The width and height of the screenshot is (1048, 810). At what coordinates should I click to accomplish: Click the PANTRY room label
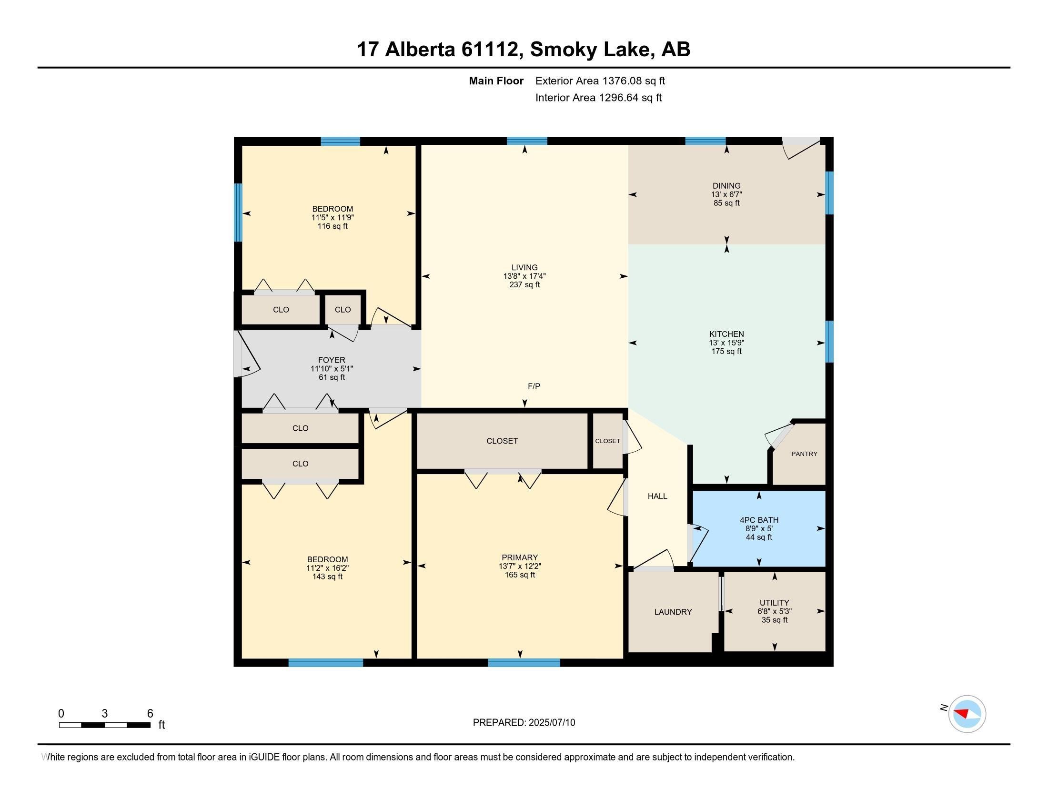804,454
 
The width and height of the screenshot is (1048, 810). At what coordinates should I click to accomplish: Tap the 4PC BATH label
759,520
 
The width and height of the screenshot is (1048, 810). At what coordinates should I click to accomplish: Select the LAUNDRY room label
673,612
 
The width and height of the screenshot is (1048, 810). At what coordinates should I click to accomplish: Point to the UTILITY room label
774,603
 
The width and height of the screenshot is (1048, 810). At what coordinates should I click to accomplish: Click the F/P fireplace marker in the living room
534,386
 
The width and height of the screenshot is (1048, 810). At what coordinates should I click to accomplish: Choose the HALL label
657,496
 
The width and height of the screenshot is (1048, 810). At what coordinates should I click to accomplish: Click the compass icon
967,714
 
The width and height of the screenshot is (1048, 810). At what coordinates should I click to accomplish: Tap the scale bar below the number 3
105,725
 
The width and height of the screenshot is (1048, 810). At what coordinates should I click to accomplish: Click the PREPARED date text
524,723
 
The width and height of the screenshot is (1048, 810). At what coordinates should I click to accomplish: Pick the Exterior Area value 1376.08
622,81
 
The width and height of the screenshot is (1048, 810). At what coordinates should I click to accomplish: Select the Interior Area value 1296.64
618,98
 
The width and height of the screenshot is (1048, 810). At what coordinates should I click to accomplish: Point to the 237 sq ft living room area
524,284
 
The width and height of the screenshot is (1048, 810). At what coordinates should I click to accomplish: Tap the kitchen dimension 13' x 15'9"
726,343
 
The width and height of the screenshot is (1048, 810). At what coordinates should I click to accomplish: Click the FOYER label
332,360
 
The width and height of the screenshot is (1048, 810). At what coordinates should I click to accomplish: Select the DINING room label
726,186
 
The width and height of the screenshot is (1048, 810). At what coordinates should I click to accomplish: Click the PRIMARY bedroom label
520,557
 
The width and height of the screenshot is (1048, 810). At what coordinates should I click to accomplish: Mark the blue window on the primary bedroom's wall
524,663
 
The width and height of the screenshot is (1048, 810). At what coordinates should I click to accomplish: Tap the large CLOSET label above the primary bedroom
502,441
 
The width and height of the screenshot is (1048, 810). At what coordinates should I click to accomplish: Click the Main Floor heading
496,81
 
